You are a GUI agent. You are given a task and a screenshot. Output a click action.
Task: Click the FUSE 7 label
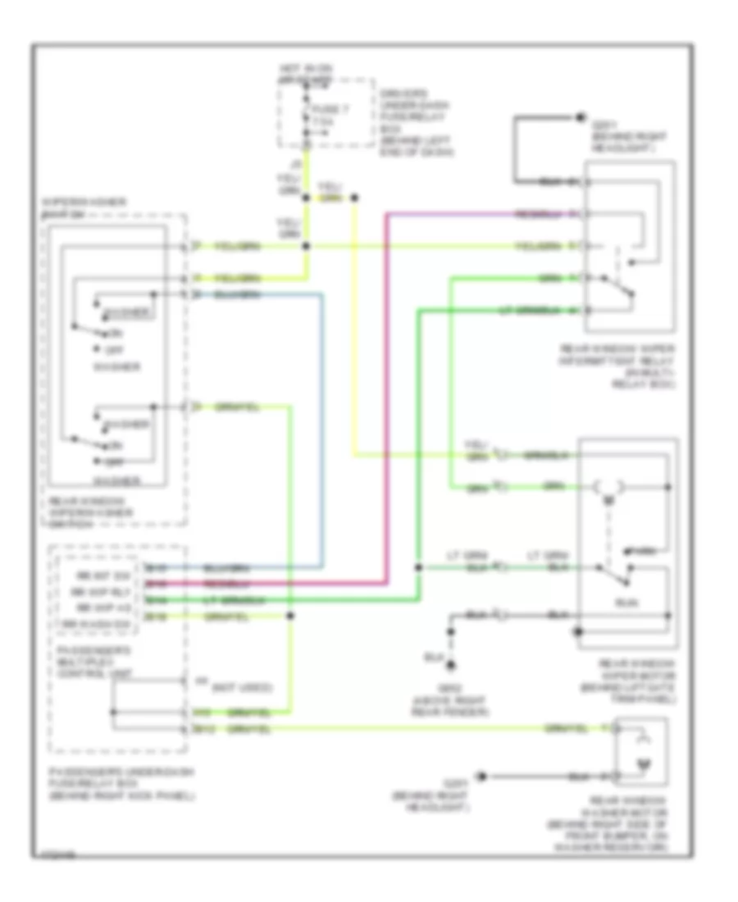coord(321,112)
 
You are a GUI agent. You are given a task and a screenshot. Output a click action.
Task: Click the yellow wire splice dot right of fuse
coord(354,198)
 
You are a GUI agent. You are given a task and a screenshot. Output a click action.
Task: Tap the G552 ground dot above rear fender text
coord(449,665)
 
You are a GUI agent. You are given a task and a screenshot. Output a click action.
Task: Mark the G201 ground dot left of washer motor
coord(482,775)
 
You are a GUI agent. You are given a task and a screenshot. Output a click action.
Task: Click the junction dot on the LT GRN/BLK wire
coord(418,567)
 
